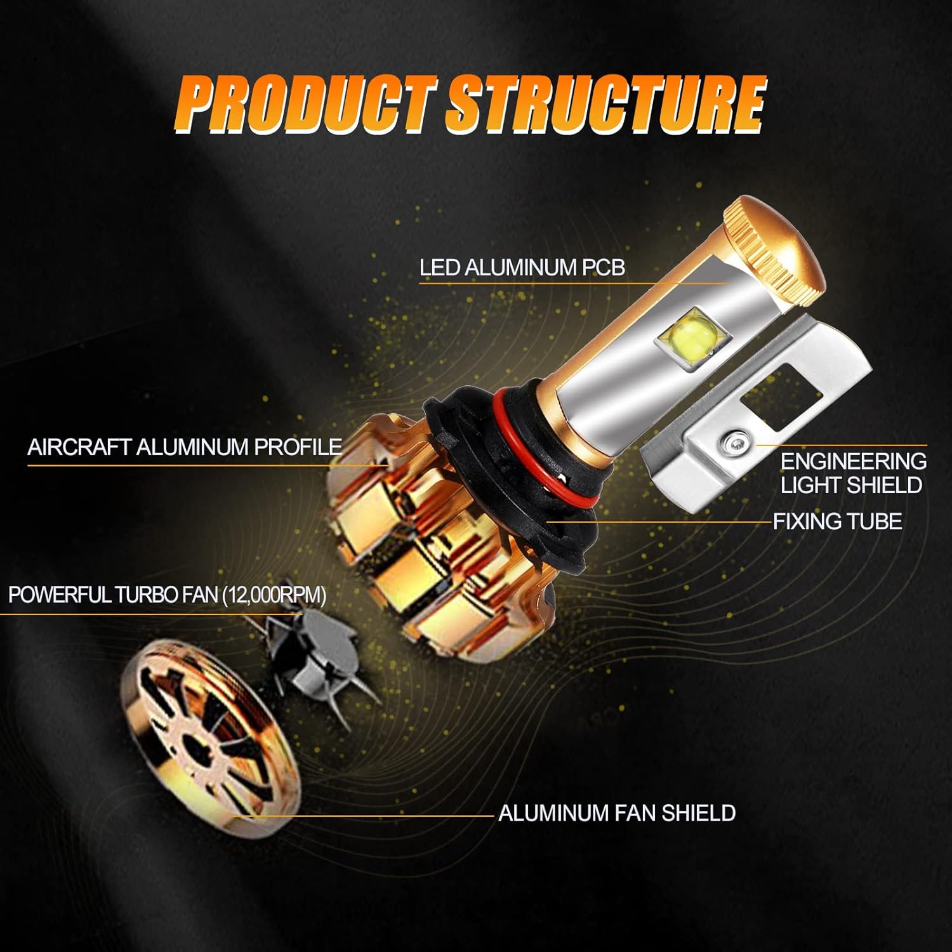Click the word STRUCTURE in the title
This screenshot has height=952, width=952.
click(606, 103)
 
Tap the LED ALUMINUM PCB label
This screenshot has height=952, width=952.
click(522, 267)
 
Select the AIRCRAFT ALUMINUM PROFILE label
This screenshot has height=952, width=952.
click(185, 447)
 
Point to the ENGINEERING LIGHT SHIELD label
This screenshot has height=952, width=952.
click(853, 473)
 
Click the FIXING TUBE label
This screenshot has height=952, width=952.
click(837, 521)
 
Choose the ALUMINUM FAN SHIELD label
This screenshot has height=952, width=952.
click(617, 813)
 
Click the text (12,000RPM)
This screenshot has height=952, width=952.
click(274, 595)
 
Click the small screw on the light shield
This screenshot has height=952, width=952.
click(735, 440)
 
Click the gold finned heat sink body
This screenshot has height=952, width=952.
click(419, 546)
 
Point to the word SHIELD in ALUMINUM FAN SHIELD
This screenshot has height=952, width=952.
click(699, 813)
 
